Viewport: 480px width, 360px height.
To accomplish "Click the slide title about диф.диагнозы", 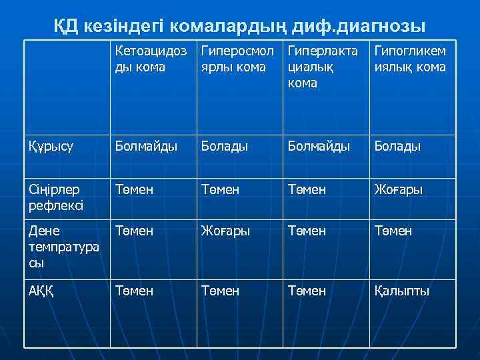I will pyautogui.click(x=239, y=26).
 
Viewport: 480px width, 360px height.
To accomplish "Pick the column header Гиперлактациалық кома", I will pyautogui.click(x=322, y=67).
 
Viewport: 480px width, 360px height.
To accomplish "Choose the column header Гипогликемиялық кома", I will pyautogui.click(x=411, y=59).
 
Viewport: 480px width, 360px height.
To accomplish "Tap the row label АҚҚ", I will pyautogui.click(x=43, y=291).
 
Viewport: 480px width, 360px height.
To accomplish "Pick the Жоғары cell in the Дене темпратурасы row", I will pyautogui.click(x=225, y=231).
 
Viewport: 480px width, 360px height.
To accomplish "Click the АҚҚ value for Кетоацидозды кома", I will pyautogui.click(x=133, y=291).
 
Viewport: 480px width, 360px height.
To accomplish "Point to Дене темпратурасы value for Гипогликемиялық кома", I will pyautogui.click(x=393, y=231).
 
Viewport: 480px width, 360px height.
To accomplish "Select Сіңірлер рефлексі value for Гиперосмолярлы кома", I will pyautogui.click(x=220, y=190).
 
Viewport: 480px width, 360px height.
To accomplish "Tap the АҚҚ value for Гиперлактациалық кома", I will pyautogui.click(x=307, y=291).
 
